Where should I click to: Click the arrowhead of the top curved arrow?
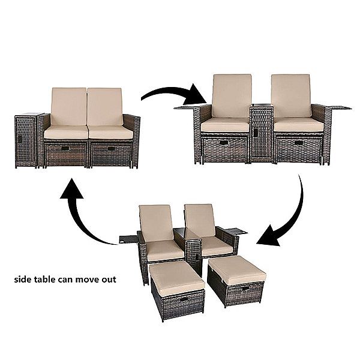pyautogui.click(x=201, y=95)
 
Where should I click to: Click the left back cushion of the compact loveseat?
pyautogui.click(x=69, y=107)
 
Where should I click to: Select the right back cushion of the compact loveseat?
pyautogui.click(x=105, y=107)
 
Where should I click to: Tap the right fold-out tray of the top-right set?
pyautogui.click(x=340, y=108)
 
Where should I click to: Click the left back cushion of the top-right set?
pyautogui.click(x=231, y=96)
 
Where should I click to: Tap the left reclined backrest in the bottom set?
pyautogui.click(x=155, y=223)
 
